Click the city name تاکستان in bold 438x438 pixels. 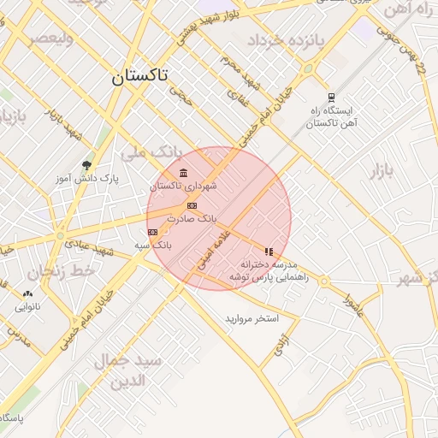[x=139, y=76]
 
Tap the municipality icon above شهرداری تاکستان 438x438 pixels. [x=184, y=174]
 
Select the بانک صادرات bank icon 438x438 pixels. [x=192, y=205]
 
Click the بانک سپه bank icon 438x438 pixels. [x=153, y=231]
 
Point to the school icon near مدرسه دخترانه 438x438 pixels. [x=269, y=252]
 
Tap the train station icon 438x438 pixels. [x=331, y=97]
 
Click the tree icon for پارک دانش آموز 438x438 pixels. [x=86, y=164]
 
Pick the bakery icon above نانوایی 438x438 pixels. [x=27, y=293]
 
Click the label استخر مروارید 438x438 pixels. [x=252, y=318]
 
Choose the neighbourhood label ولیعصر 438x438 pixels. [x=50, y=39]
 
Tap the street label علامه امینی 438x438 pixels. [x=212, y=249]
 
